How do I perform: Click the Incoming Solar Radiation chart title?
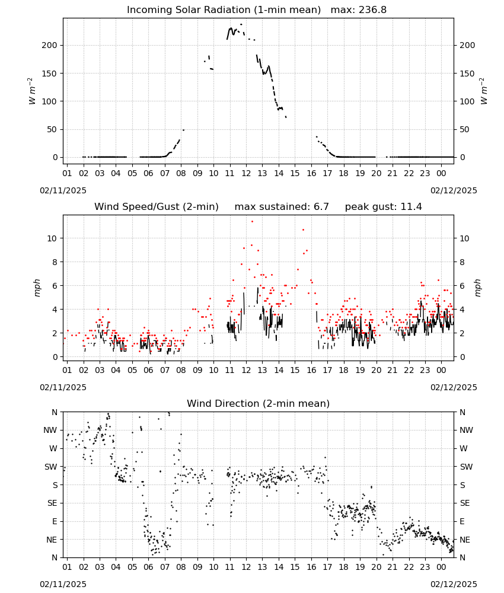point(224,10)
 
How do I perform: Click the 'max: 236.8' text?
point(359,10)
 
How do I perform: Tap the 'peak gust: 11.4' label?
point(383,207)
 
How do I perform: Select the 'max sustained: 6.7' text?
point(282,207)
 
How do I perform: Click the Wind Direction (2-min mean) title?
point(259,403)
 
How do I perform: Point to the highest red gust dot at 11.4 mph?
point(252,222)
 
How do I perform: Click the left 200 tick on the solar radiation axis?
point(50,46)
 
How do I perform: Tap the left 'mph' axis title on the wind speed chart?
point(37,288)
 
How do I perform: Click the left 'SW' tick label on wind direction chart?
point(51,467)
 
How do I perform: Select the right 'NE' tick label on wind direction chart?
point(465,540)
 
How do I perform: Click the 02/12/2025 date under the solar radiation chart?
point(454,190)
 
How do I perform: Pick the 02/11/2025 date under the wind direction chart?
point(63,584)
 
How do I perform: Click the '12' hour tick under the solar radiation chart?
point(246,173)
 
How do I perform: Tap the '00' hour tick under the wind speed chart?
point(441,370)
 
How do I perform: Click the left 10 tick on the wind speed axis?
point(53,238)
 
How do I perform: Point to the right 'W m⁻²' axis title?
point(484,91)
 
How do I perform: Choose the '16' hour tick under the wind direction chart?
point(311,567)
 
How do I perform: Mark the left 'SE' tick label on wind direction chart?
point(52,503)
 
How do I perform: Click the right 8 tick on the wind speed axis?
point(462,262)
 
